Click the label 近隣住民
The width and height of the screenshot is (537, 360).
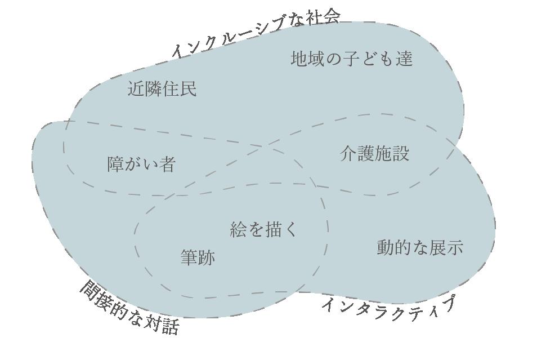pos(162,89)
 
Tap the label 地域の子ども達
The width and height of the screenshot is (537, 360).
pos(352,59)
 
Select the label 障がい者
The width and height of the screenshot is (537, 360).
pos(142,164)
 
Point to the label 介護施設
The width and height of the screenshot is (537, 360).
pos(374,154)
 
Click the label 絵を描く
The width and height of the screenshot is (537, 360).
pos(263,229)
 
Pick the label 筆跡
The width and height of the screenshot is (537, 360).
pos(198,257)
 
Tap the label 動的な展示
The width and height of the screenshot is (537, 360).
pos(419,247)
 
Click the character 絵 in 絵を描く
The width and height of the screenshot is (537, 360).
pos(239,229)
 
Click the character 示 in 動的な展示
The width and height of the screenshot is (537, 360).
pos(454,247)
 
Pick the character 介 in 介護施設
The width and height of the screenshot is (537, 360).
pos(348,154)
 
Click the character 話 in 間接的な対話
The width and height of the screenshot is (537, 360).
pos(169,326)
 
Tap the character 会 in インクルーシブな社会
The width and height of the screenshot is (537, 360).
pos(332,17)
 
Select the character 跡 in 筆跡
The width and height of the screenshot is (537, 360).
pos(207,257)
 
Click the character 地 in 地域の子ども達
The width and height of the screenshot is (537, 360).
pos(299,59)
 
